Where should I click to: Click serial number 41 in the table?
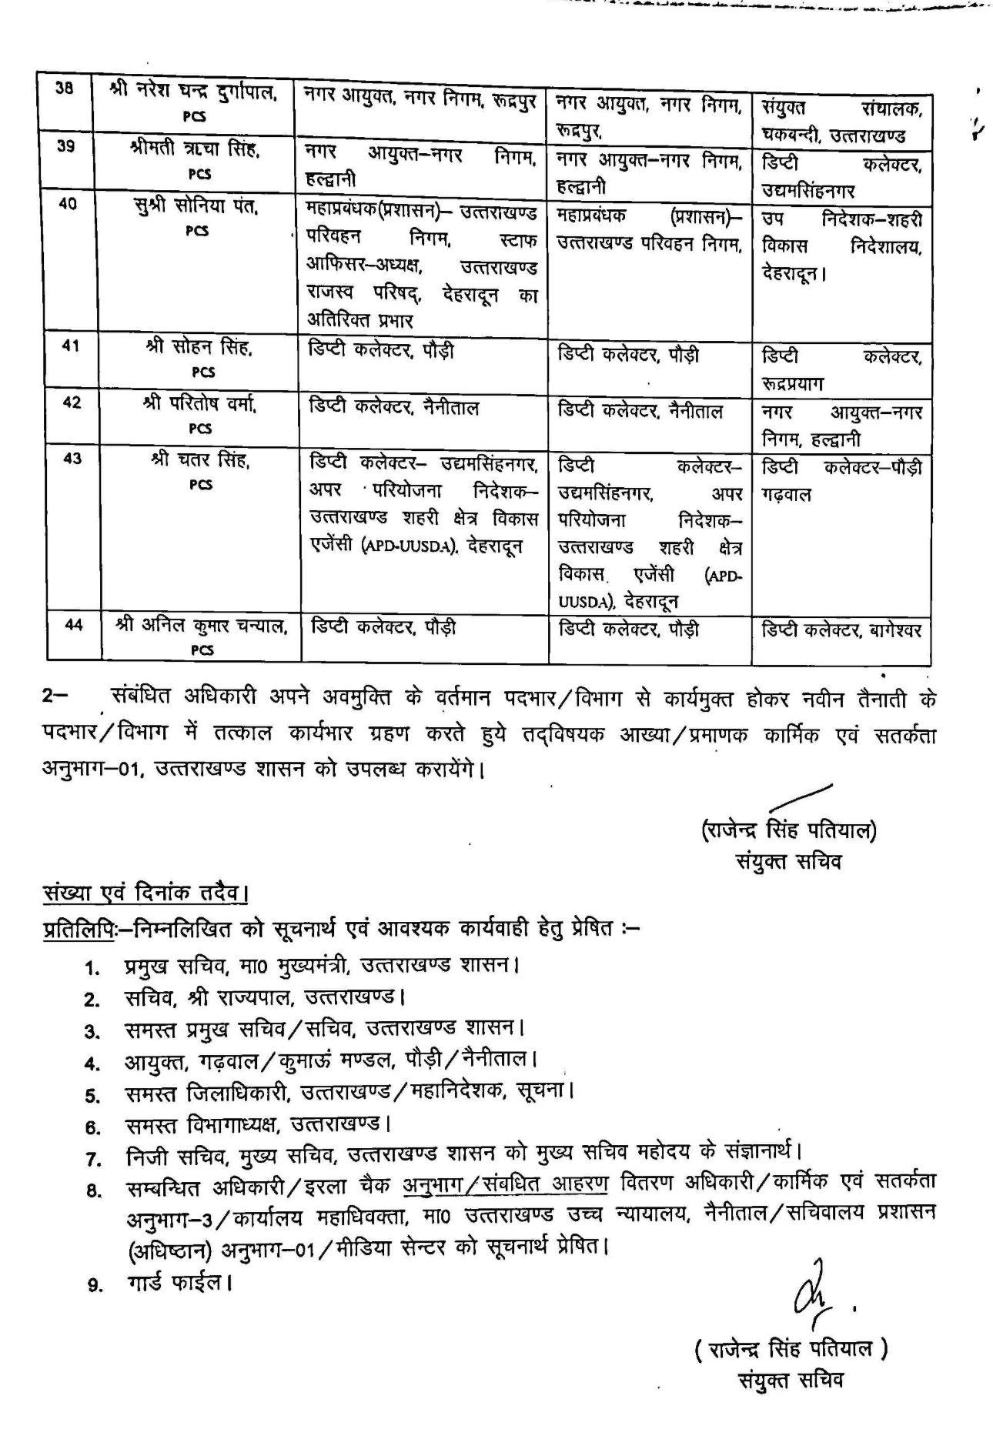(70, 346)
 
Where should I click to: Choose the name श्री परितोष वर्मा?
(199, 403)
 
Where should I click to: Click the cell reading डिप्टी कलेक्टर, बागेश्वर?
(841, 630)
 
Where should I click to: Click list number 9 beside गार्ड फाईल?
(94, 1284)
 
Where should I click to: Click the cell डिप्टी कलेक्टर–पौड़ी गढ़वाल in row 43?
(841, 480)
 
